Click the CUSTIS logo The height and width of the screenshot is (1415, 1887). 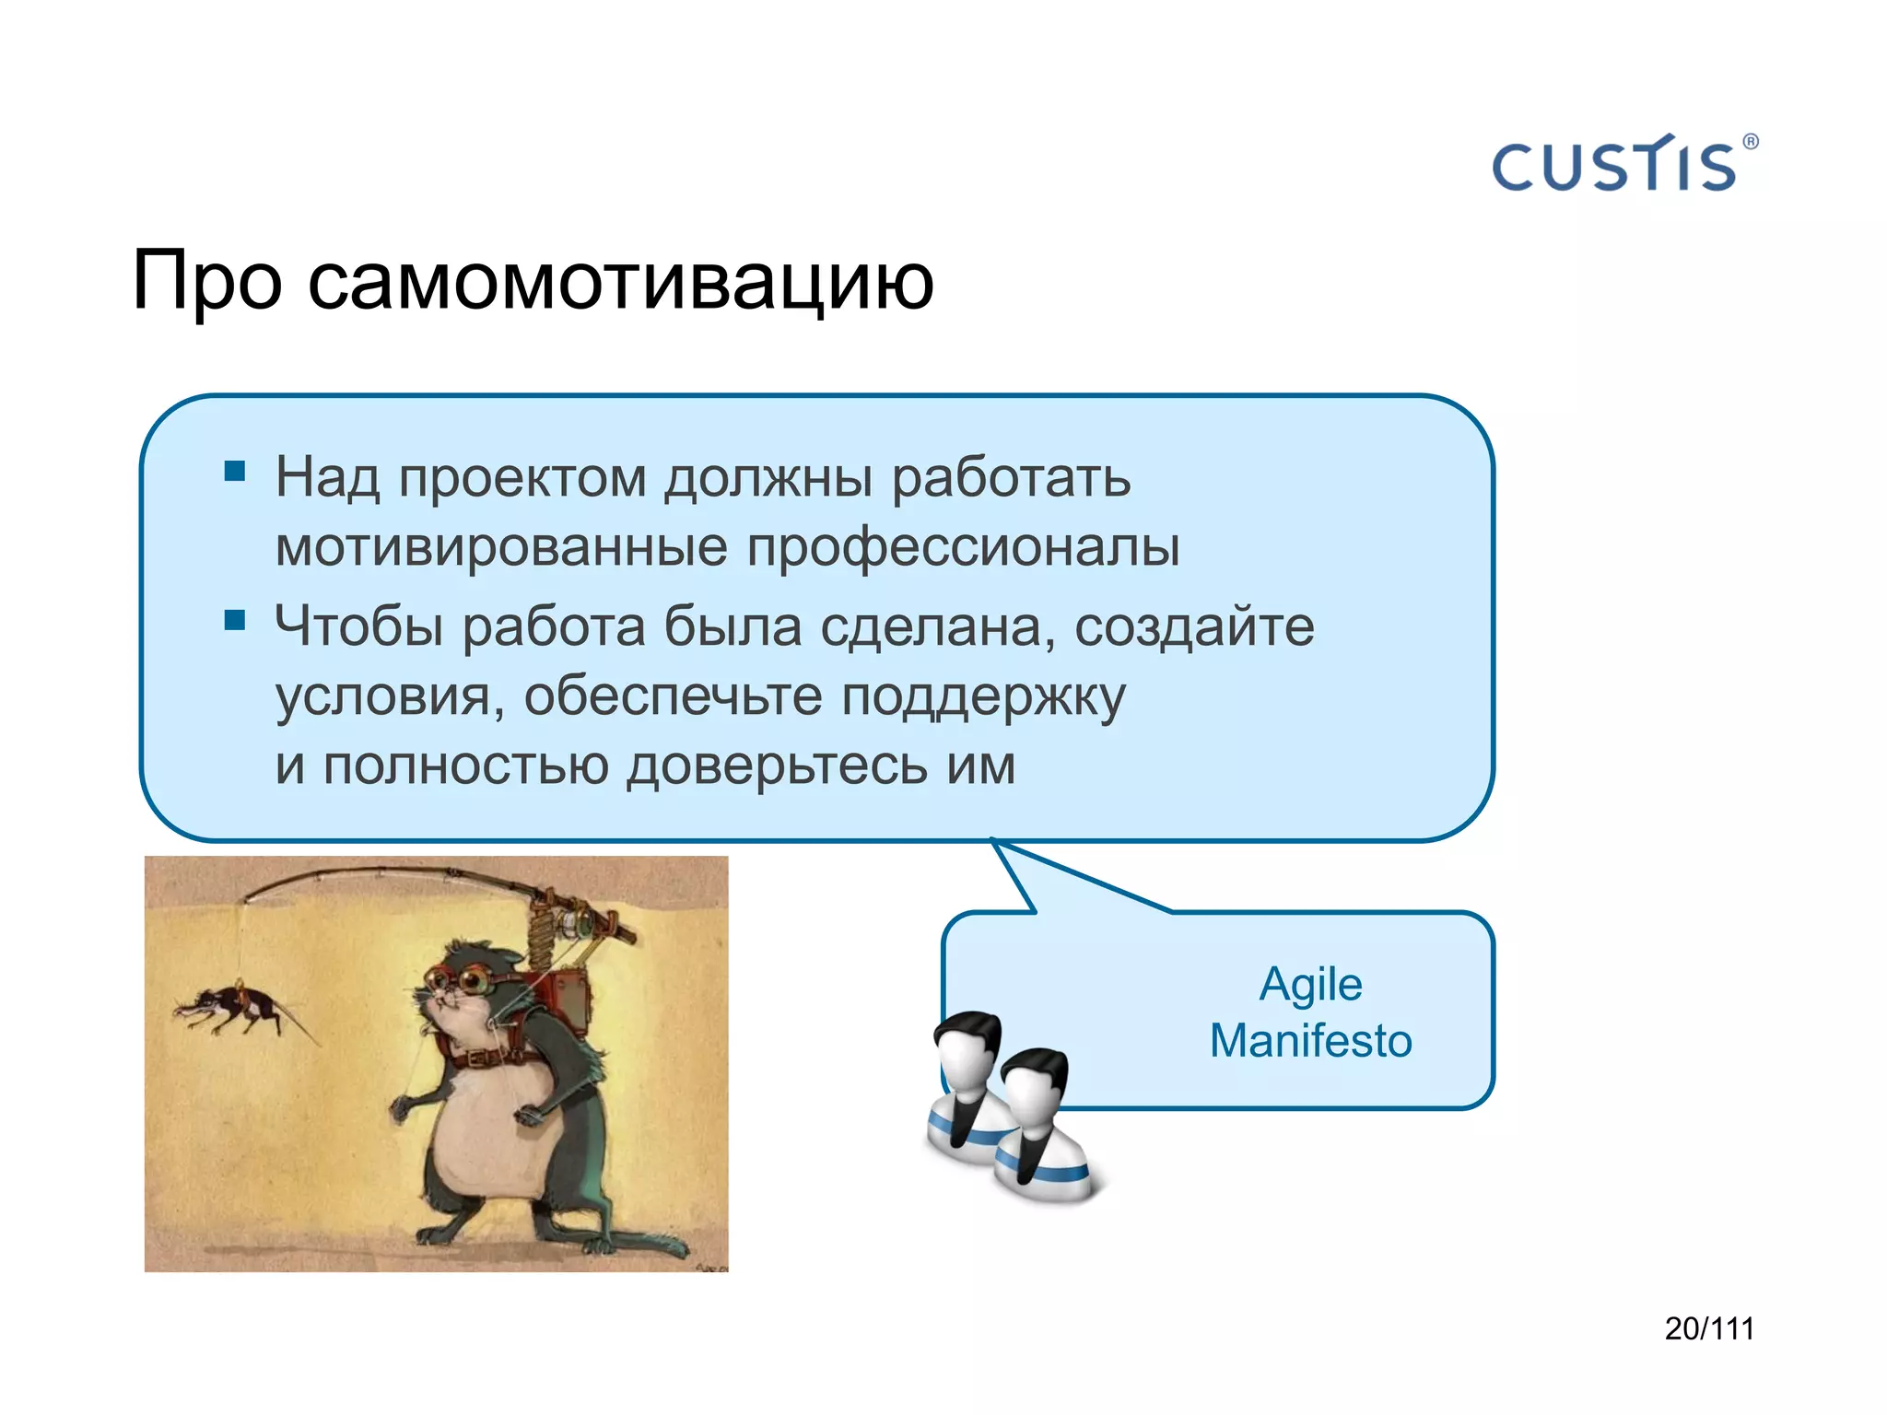click(1614, 166)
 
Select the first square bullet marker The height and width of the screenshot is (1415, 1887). click(235, 472)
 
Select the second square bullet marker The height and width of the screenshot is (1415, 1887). click(235, 620)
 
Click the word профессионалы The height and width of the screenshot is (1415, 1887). click(962, 547)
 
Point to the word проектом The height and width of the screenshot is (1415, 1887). click(522, 478)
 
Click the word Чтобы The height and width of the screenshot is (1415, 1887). click(359, 626)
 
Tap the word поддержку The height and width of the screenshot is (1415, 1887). click(983, 696)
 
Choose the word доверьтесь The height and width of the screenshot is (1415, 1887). click(777, 766)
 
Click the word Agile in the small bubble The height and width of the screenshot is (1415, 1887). click(1310, 985)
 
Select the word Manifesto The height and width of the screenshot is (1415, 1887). click(1310, 1041)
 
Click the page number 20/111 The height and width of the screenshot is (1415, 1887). click(1708, 1328)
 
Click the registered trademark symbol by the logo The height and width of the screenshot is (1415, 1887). click(1751, 142)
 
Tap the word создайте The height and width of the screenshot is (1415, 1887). click(1194, 626)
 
